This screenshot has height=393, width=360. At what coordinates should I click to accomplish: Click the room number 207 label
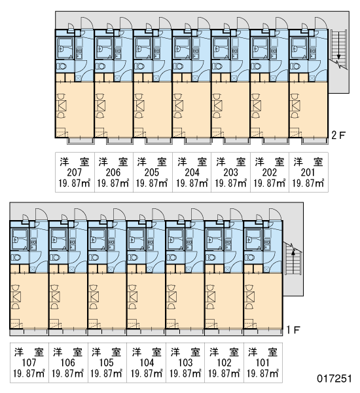tap(75, 172)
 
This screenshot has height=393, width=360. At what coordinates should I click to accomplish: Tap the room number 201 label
tap(308, 172)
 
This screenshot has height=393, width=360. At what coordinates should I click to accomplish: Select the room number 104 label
tap(147, 363)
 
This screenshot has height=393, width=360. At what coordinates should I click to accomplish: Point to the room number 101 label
tap(262, 363)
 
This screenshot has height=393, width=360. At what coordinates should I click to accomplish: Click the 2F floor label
tap(338, 136)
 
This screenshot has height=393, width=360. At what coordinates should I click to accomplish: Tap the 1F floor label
tap(293, 330)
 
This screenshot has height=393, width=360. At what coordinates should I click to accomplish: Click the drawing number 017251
tap(334, 379)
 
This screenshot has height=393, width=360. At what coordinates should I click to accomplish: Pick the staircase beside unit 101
tap(293, 259)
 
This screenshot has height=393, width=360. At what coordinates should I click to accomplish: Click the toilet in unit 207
tap(61, 66)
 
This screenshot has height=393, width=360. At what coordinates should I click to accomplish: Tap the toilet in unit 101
tap(250, 257)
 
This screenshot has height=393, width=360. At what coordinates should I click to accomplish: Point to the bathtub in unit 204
tap(181, 48)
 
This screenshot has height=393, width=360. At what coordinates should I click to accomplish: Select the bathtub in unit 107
tap(19, 239)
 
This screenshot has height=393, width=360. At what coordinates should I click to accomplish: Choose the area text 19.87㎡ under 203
tap(231, 183)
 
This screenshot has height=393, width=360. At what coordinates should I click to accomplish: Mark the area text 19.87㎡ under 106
tap(67, 374)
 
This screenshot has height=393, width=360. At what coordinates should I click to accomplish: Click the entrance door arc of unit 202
tap(281, 23)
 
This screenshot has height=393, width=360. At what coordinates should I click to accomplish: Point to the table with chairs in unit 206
tap(100, 105)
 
